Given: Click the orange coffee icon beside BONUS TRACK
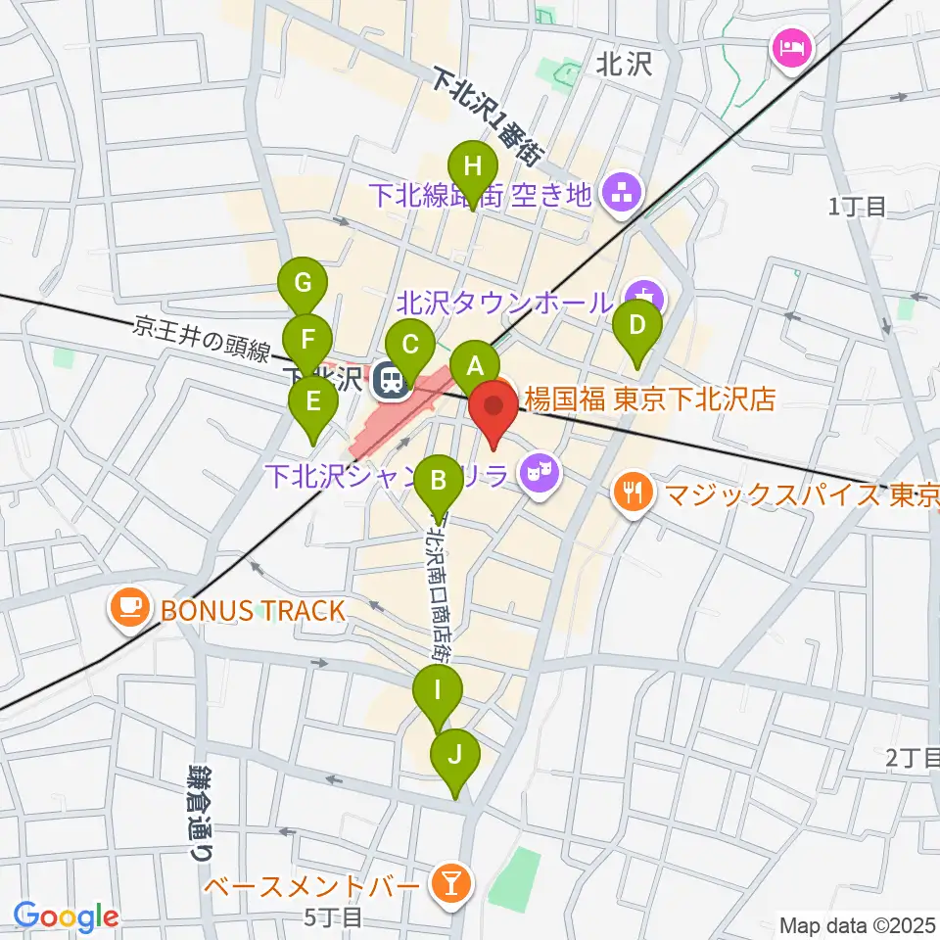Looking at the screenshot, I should tap(130, 610).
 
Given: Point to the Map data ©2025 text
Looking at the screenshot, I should tap(857, 925).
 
